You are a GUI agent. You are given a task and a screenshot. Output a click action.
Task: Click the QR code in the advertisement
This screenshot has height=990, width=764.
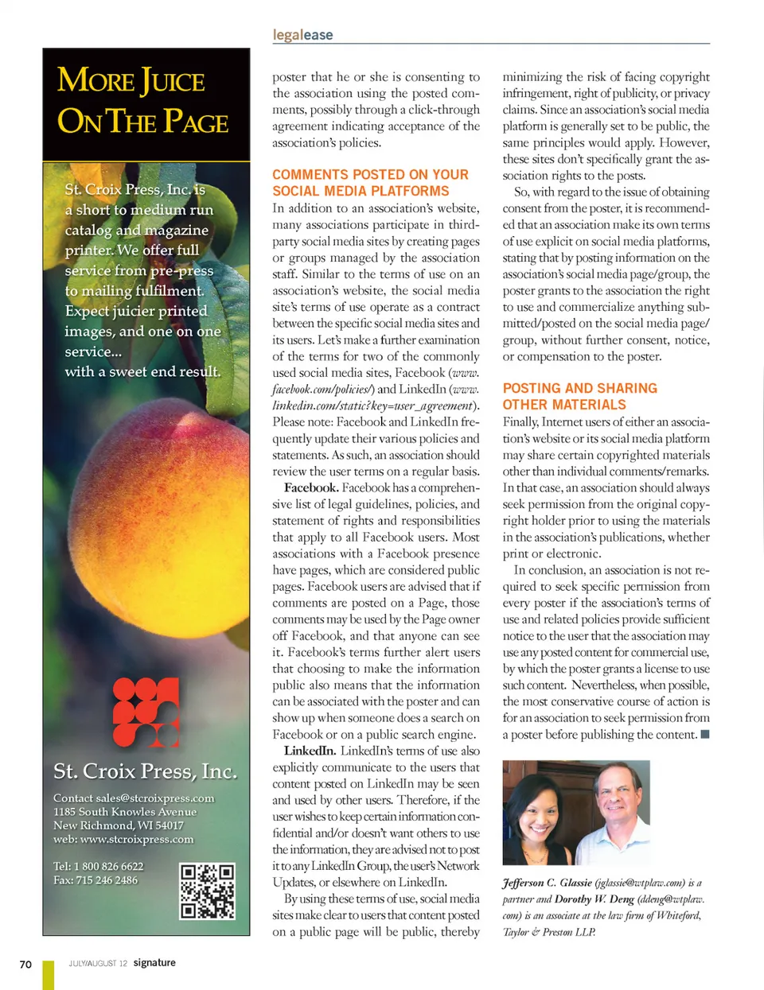click(x=207, y=891)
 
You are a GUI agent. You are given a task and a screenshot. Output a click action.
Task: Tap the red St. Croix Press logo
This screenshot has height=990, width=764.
click(x=146, y=712)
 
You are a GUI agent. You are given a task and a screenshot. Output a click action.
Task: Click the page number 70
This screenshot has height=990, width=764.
click(x=25, y=964)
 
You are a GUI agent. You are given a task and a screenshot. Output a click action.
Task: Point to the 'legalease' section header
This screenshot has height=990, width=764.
click(x=302, y=35)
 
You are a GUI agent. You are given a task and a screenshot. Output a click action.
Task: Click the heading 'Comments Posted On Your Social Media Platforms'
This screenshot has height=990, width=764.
click(x=370, y=183)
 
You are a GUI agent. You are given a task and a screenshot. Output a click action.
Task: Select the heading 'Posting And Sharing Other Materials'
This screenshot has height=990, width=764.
click(x=579, y=396)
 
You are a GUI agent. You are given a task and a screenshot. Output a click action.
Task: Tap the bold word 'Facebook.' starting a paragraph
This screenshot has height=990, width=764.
click(x=311, y=487)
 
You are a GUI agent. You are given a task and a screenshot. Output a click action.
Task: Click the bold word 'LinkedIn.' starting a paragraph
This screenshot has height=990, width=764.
click(x=309, y=751)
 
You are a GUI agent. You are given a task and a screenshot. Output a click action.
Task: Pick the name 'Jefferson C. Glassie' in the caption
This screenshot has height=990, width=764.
click(x=548, y=883)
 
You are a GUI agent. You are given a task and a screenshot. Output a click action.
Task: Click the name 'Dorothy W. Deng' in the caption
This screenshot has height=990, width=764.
click(x=594, y=899)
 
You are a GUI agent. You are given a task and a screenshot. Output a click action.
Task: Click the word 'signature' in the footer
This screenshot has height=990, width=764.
click(x=154, y=963)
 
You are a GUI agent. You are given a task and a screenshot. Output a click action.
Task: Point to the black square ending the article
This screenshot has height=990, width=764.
click(x=704, y=734)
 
